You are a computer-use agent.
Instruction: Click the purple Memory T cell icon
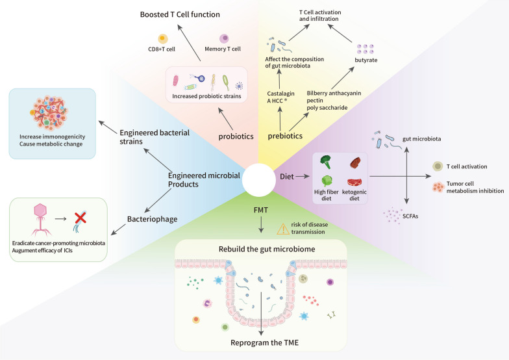tap(223, 40)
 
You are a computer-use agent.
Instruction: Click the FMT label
tap(260, 211)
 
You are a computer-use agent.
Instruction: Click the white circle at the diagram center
tap(260, 180)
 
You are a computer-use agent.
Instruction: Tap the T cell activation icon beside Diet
tap(438, 166)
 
